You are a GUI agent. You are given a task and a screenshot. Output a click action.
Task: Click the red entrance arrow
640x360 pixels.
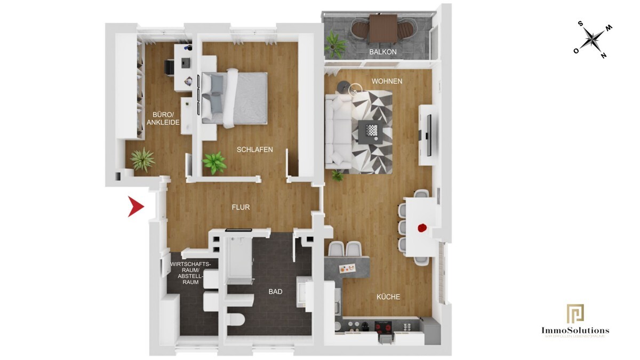tap(135, 207)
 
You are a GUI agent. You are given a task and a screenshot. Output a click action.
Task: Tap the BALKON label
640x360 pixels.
tap(382, 52)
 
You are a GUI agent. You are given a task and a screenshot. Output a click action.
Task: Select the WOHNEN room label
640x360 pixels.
tap(387, 81)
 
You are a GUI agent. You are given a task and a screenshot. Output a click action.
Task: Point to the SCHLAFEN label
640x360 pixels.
tap(254, 150)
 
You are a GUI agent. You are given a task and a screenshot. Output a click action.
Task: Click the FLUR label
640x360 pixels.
tap(240, 207)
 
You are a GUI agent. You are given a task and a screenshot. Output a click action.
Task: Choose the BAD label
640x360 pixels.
tap(275, 292)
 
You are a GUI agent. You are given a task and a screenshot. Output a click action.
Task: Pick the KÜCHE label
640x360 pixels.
tap(388, 297)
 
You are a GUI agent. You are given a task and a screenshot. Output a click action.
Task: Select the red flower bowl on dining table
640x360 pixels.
tap(422, 228)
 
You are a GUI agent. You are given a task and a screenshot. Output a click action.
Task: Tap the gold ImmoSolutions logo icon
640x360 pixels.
tap(575, 314)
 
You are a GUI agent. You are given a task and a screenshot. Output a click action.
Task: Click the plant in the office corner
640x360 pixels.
tap(142, 159)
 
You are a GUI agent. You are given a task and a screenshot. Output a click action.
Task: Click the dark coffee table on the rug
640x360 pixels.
tap(370, 131)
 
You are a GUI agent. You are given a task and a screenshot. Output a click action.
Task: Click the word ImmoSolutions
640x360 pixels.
tap(575, 331)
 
